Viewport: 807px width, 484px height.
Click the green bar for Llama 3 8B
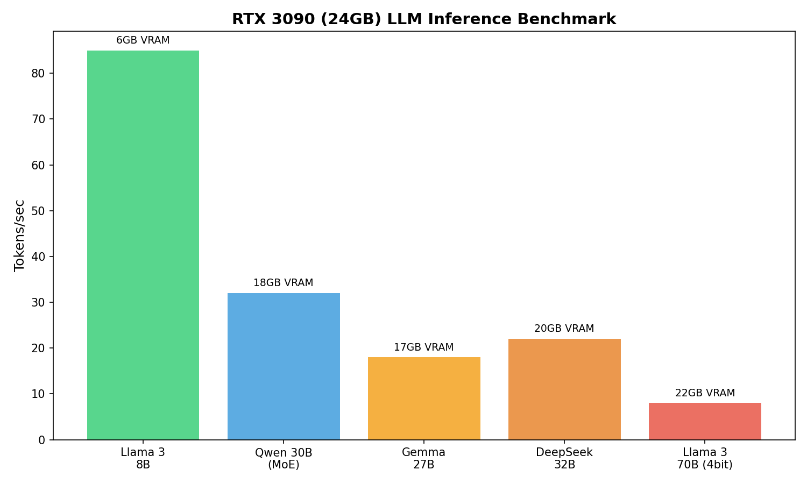[x=143, y=245]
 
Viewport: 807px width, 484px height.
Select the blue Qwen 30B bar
[x=284, y=366]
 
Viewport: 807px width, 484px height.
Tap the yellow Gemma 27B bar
[x=424, y=398]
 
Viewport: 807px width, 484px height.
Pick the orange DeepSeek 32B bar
[x=564, y=389]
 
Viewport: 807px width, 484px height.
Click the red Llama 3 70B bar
[x=705, y=421]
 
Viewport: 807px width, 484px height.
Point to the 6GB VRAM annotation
[x=143, y=40]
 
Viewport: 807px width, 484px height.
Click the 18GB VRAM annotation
[x=284, y=283]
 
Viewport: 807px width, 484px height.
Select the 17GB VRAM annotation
[x=424, y=347]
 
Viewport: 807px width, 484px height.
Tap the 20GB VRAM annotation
[x=564, y=329]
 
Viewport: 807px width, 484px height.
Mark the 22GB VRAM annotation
[x=705, y=393]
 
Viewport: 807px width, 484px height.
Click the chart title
[x=424, y=19]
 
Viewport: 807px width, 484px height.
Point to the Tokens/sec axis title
[x=20, y=235]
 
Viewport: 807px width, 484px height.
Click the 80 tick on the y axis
[x=38, y=73]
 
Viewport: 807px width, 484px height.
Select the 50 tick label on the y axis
[x=38, y=211]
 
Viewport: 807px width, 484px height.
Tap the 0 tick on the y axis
[x=41, y=440]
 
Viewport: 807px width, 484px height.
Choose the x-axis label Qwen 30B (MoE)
[x=284, y=459]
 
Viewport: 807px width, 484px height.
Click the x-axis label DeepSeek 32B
[x=564, y=459]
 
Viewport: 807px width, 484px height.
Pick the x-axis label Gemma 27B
[x=424, y=459]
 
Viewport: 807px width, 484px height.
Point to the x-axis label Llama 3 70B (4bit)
[x=705, y=459]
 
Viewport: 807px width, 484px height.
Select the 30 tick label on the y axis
[x=38, y=302]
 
